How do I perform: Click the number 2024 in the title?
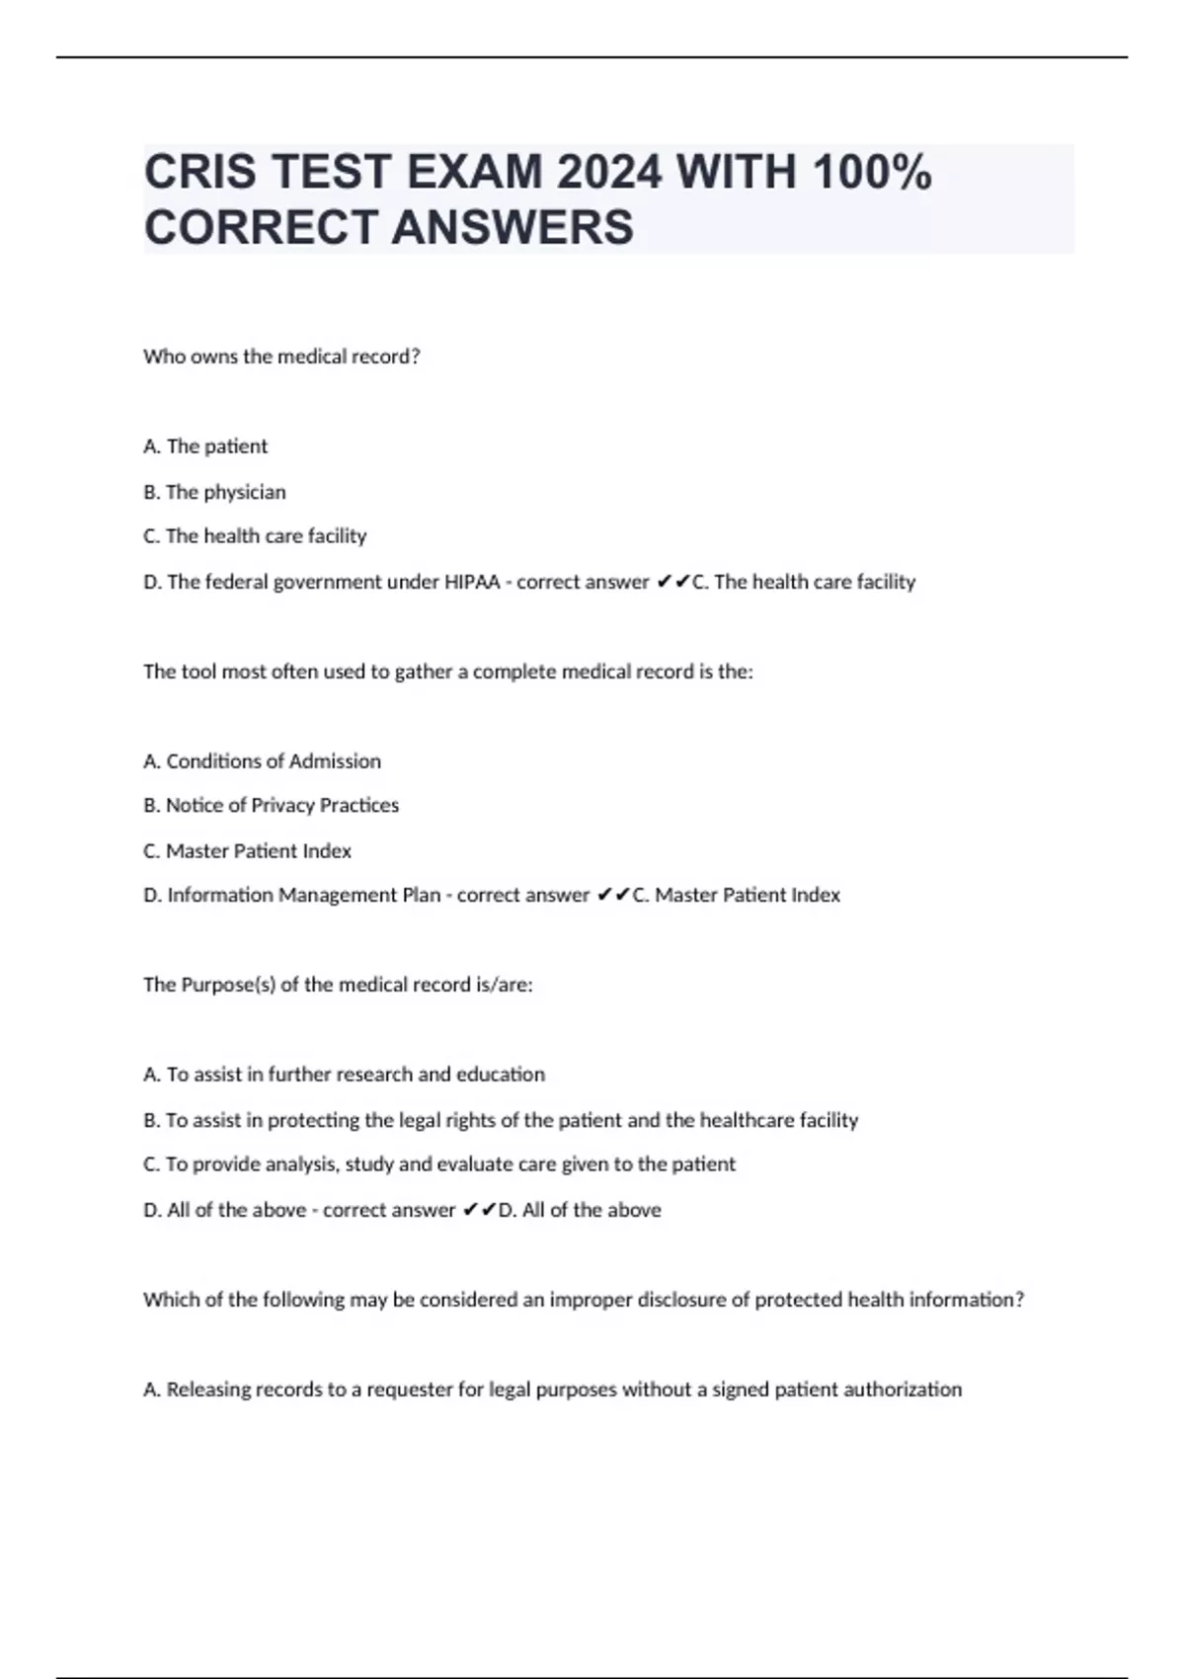(609, 173)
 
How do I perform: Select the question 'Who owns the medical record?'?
(281, 357)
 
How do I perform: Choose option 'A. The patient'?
(205, 446)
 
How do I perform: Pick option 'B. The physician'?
(214, 492)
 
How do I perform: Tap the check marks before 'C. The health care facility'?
(671, 582)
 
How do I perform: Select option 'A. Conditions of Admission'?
(262, 761)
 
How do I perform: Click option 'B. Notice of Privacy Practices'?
(271, 806)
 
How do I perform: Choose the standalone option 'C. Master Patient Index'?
(247, 850)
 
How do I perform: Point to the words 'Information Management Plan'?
(303, 895)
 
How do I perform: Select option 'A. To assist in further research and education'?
(344, 1075)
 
